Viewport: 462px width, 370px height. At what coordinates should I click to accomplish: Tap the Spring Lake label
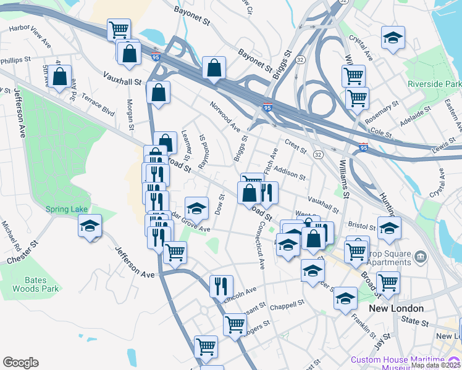(x=67, y=209)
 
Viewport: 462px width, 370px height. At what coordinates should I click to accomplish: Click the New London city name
(x=396, y=308)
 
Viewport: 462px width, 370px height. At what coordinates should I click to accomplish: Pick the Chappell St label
(x=288, y=305)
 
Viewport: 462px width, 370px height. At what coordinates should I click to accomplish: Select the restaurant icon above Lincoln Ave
(x=220, y=285)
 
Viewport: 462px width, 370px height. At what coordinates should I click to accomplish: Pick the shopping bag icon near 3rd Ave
(x=61, y=77)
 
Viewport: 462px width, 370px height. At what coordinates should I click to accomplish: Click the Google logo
(x=20, y=363)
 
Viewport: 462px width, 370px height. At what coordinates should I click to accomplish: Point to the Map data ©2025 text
(x=435, y=365)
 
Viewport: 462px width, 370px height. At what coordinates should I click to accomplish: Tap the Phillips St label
(x=16, y=61)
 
